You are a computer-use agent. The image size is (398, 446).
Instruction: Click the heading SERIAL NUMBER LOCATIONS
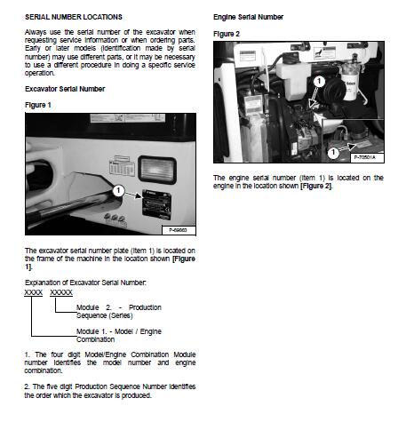click(x=74, y=17)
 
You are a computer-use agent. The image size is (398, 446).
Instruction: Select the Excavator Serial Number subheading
click(x=65, y=89)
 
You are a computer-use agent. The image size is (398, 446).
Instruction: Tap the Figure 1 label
click(x=38, y=105)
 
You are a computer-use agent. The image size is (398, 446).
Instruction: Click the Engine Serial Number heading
click(x=248, y=17)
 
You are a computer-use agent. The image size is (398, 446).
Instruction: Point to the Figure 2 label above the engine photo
click(x=227, y=34)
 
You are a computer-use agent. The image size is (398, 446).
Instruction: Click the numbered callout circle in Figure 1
click(x=118, y=190)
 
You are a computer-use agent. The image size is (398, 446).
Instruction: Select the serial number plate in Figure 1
click(x=157, y=204)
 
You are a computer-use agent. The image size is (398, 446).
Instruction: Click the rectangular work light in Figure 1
click(x=157, y=170)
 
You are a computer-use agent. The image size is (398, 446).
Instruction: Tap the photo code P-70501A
click(x=364, y=157)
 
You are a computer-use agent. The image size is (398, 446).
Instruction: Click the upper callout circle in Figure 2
click(x=319, y=81)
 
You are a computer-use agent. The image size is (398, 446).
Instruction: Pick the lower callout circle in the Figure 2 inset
click(x=333, y=152)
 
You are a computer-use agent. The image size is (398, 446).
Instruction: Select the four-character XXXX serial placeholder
click(x=34, y=292)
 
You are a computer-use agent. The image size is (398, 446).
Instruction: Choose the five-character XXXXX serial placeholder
click(x=61, y=292)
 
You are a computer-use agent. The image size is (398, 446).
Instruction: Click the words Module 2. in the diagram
click(x=94, y=307)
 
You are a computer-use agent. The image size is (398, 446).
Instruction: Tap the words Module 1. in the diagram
click(x=92, y=331)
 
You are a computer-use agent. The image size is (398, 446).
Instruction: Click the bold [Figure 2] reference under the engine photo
click(x=316, y=186)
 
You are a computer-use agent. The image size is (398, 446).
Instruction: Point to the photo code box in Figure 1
click(x=179, y=230)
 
